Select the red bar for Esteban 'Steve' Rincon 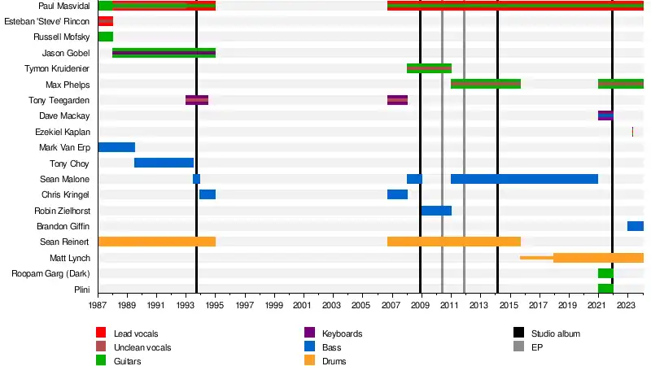[105, 21]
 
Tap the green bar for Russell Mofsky [105, 37]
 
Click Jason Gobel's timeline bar [164, 53]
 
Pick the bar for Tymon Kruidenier [429, 68]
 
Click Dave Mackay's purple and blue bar [605, 115]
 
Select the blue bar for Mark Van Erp [116, 147]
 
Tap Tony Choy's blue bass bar [164, 163]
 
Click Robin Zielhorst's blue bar [436, 211]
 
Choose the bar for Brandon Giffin [635, 226]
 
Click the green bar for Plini [605, 289]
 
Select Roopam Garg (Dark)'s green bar [605, 273]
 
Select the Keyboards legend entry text [342, 333]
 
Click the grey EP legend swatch [518, 347]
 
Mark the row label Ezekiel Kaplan [63, 132]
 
